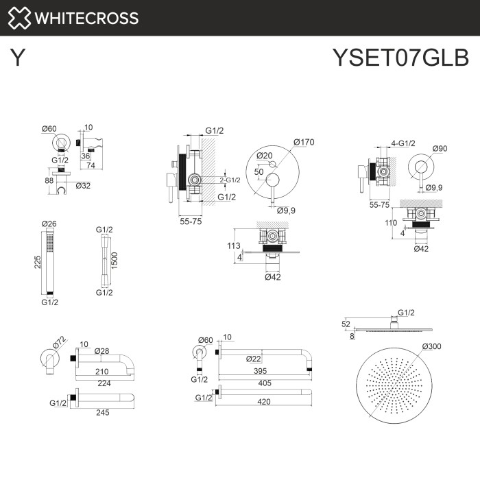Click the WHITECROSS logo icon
click(x=19, y=18)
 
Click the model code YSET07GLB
click(x=400, y=58)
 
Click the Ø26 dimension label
click(x=49, y=224)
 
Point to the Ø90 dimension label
click(x=440, y=148)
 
